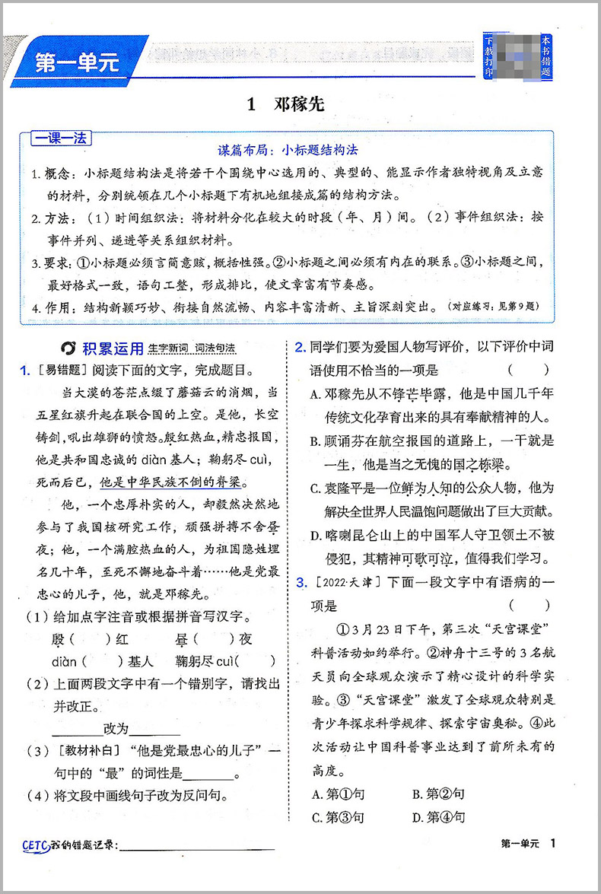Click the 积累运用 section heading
coord(113,348)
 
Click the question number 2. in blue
coord(300,348)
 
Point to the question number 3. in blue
coord(300,582)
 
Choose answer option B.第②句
coord(438,794)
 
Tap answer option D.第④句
coord(438,817)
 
